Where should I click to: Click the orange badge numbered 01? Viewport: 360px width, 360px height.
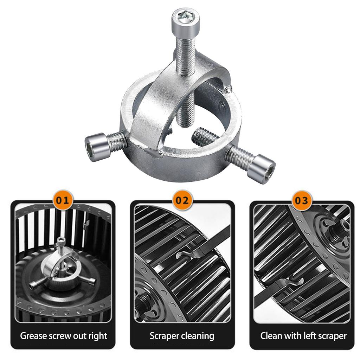click(x=63, y=201)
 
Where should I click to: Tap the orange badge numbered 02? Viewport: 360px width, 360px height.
click(x=182, y=201)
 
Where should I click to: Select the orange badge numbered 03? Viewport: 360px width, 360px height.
click(x=302, y=201)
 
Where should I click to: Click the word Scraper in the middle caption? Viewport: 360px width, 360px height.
click(x=163, y=335)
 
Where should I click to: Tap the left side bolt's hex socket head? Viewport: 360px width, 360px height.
click(x=94, y=147)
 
